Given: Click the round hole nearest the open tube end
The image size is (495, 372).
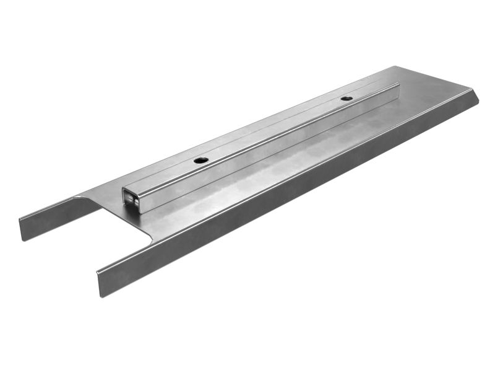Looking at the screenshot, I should [200, 160].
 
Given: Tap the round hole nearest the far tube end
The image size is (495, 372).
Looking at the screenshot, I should [346, 98].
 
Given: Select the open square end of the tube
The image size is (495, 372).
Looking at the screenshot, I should [130, 199].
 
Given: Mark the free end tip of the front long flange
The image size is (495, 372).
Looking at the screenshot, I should [100, 282].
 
